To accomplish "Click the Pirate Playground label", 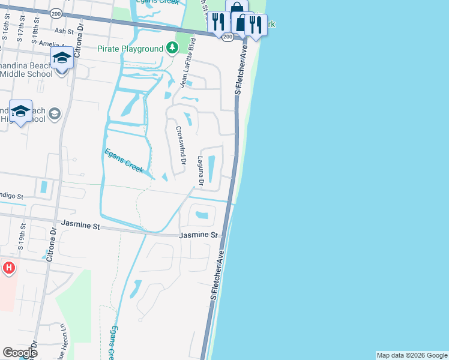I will pyautogui.click(x=131, y=49).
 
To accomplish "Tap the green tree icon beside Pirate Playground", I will pyautogui.click(x=172, y=47).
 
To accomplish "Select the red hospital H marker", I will pyautogui.click(x=8, y=268).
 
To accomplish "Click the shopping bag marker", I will pyautogui.click(x=238, y=8).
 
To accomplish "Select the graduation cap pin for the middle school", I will pyautogui.click(x=62, y=58).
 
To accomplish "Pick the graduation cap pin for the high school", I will pyautogui.click(x=21, y=111).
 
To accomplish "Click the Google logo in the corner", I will pyautogui.click(x=20, y=353).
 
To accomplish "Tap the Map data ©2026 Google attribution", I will pyautogui.click(x=412, y=355).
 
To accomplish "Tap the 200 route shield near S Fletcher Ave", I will pyautogui.click(x=227, y=37).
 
